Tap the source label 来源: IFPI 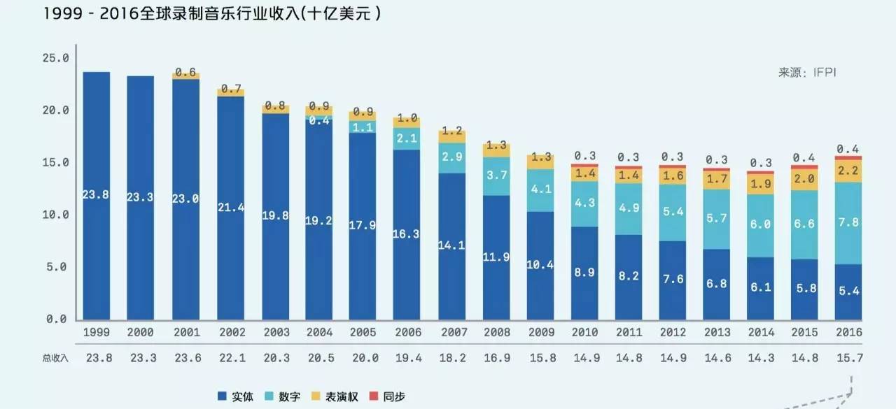[807, 73]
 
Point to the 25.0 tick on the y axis [55, 58]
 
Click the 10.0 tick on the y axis [55, 215]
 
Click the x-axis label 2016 [848, 333]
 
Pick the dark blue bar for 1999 [96, 196]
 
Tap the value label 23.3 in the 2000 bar [140, 198]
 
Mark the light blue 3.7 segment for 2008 [496, 175]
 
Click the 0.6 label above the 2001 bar [185, 72]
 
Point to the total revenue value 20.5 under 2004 [319, 357]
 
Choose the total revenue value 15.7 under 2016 [848, 357]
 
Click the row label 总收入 [56, 357]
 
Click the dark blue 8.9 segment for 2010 [584, 273]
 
